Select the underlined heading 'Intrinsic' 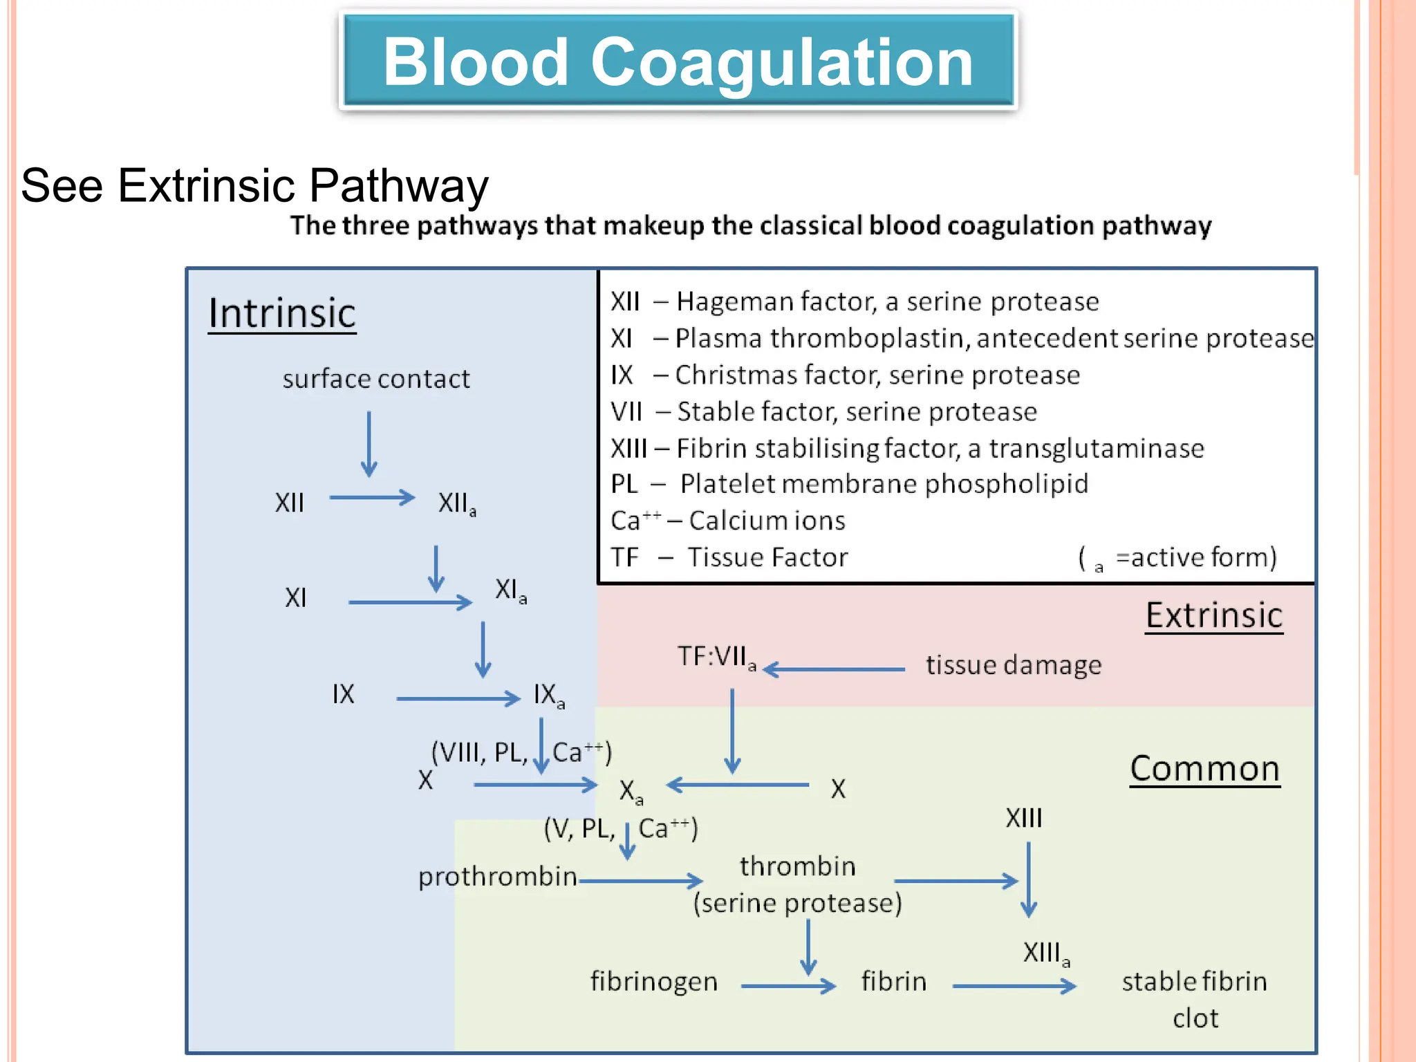282,313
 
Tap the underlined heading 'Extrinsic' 1214,615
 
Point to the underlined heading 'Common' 1204,769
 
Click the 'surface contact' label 376,379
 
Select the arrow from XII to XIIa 372,498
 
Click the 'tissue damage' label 1014,665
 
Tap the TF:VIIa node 716,657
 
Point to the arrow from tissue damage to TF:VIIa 834,669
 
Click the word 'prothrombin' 497,877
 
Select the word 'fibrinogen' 654,982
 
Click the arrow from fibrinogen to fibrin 788,987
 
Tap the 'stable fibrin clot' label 1195,998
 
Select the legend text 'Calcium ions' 767,521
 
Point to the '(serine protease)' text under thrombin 798,904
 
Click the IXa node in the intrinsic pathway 549,696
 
